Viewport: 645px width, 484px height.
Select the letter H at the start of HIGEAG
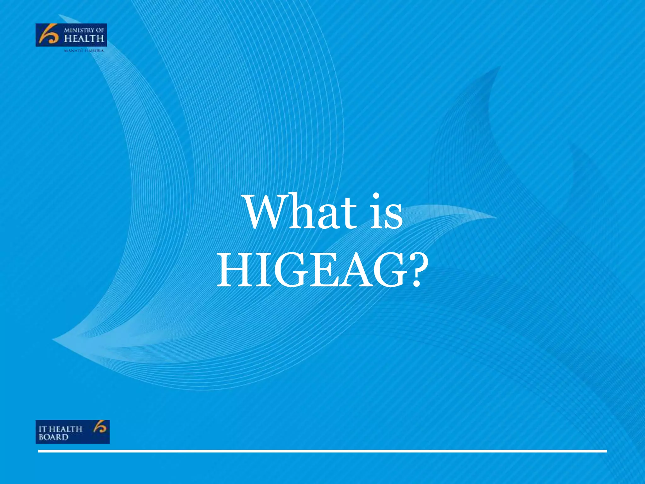(234, 270)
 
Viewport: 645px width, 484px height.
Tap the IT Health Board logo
(72, 432)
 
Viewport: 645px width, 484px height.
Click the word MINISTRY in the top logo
(79, 30)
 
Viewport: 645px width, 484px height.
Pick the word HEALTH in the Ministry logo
(84, 39)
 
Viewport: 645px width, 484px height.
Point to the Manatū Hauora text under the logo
(84, 51)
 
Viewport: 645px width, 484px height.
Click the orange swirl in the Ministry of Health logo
(48, 35)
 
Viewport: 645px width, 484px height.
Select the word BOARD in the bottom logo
(54, 437)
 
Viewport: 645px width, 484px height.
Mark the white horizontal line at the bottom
(322, 451)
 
